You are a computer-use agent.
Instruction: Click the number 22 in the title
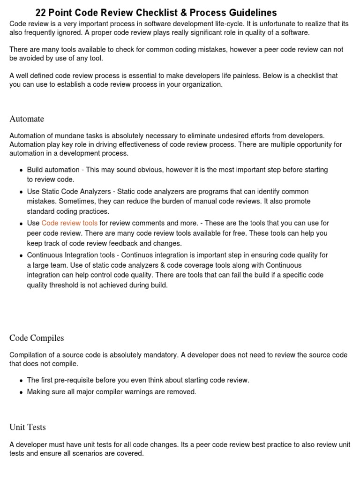click(41, 13)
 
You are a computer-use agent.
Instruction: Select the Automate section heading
click(27, 119)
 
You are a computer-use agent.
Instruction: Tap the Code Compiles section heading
click(37, 338)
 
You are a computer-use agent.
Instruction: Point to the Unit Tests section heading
click(28, 427)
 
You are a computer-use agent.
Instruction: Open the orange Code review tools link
click(69, 223)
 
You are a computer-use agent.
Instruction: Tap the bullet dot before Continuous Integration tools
click(22, 256)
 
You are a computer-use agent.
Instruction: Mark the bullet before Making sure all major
click(22, 392)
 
